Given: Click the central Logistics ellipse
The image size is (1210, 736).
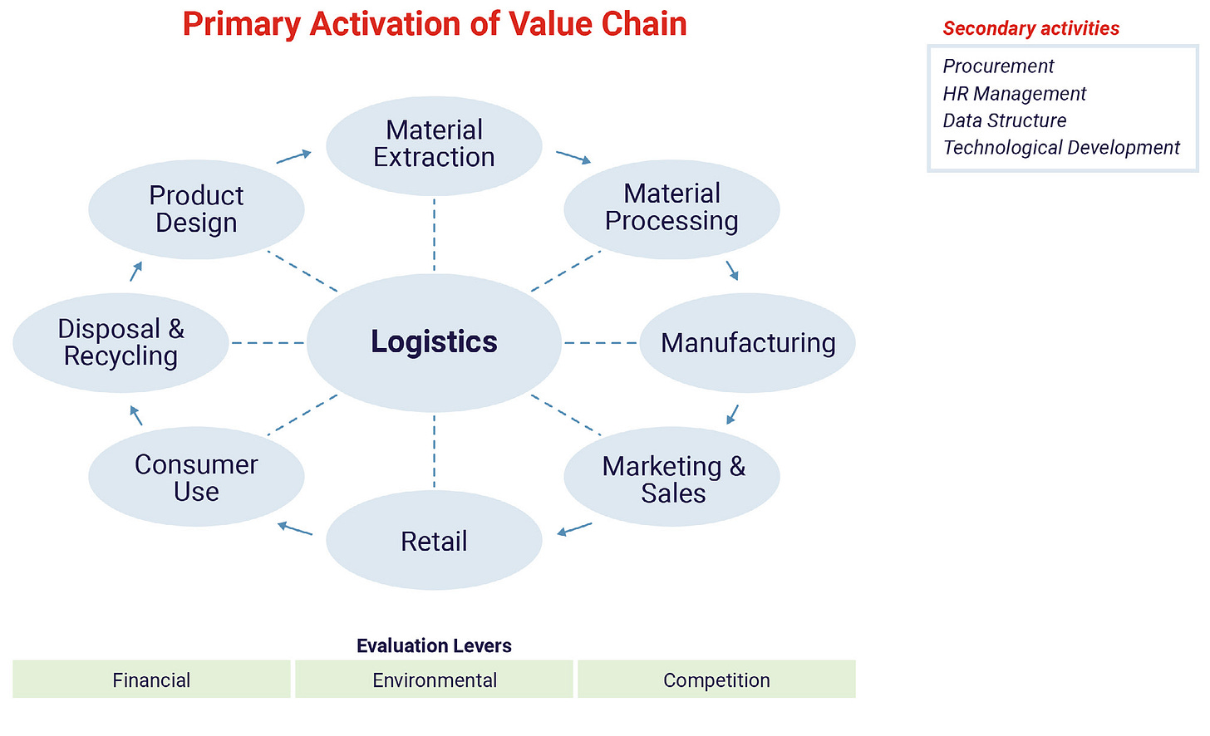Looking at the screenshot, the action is [x=434, y=342].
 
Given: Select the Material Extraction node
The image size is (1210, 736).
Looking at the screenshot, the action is [x=434, y=146].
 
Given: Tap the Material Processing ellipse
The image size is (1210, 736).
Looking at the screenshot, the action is [x=671, y=209].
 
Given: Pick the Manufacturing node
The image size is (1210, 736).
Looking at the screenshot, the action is [x=748, y=342].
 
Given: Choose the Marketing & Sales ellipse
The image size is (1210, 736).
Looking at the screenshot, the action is [x=671, y=476].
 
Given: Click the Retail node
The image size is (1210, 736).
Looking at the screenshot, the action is [x=434, y=540].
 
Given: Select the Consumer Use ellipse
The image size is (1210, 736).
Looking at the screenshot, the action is [x=196, y=476].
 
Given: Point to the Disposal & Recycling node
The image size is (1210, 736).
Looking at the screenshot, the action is [x=121, y=342].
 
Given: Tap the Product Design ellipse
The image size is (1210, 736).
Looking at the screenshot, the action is [x=196, y=209].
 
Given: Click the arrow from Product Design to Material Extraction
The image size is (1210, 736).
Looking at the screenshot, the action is [x=294, y=157].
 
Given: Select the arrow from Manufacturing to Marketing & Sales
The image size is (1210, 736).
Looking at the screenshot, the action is [x=732, y=415].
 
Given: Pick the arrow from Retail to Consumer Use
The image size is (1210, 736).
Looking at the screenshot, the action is [x=294, y=528].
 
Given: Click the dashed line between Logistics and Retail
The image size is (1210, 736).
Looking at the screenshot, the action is [x=434, y=451].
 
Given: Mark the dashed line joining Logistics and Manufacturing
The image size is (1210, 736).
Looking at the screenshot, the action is [x=601, y=342].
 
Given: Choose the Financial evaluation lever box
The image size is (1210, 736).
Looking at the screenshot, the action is [x=151, y=679].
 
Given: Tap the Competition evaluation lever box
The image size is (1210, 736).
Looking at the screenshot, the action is [x=716, y=679].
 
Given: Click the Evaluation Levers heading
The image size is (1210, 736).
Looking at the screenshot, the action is [x=434, y=645].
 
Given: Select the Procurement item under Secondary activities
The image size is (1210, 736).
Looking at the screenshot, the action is [x=998, y=66].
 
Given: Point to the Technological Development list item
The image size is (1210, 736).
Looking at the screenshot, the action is [x=1061, y=147].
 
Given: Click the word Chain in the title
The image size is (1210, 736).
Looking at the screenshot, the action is [x=644, y=24].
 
